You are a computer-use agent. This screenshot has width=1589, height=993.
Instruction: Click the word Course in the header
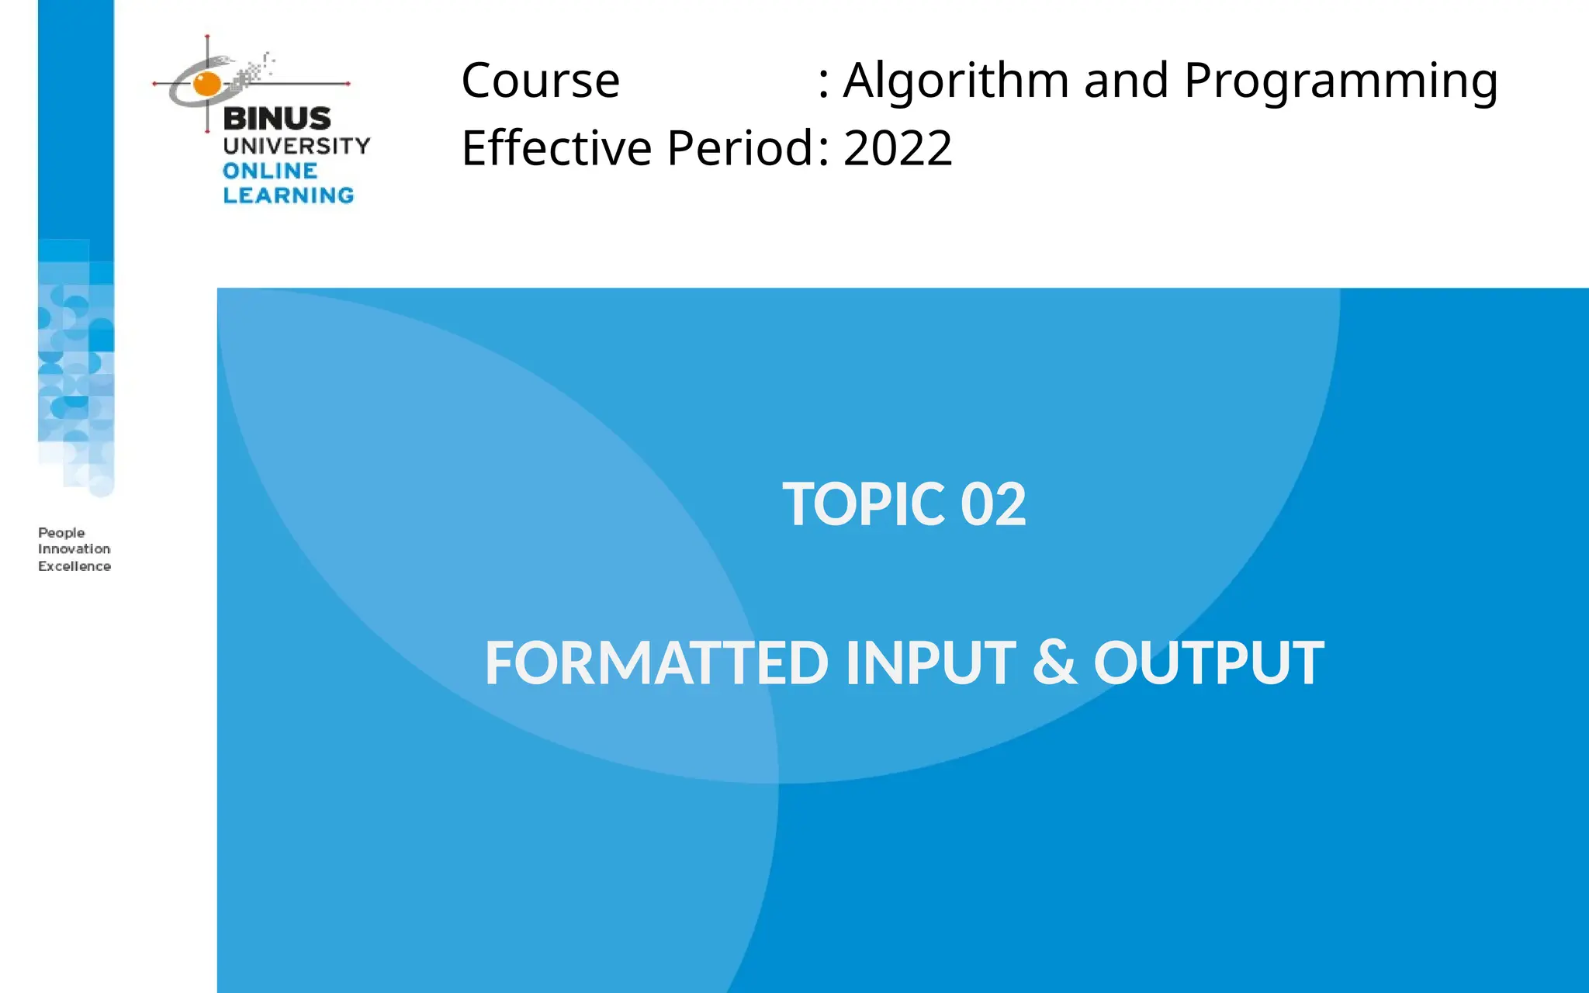[x=541, y=81]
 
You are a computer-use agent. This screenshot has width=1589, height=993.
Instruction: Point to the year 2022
[x=898, y=148]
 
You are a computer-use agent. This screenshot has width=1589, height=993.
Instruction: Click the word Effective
[x=556, y=148]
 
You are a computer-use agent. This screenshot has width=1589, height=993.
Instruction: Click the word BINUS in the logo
[x=277, y=119]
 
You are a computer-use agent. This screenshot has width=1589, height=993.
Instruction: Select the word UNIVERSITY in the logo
[x=296, y=145]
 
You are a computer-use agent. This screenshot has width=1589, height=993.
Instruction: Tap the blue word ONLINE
[x=270, y=171]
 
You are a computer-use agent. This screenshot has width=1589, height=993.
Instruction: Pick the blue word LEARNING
[x=289, y=195]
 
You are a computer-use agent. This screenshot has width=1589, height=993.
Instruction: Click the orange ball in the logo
[x=207, y=83]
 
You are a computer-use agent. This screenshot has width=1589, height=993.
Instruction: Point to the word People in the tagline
[x=61, y=533]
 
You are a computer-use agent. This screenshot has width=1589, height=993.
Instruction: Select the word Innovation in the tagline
[x=74, y=549]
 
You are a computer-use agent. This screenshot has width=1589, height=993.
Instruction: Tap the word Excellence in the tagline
[x=74, y=566]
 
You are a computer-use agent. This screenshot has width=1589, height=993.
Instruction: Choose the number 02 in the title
[x=993, y=504]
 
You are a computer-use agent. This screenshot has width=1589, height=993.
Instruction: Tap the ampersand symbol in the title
[x=1055, y=663]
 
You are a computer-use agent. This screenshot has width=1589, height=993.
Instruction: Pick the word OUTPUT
[x=1209, y=663]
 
